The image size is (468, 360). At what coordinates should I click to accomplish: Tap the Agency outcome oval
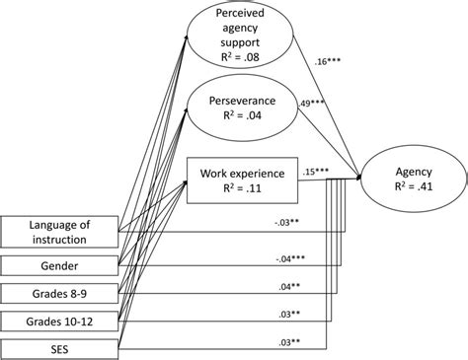tap(413, 176)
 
